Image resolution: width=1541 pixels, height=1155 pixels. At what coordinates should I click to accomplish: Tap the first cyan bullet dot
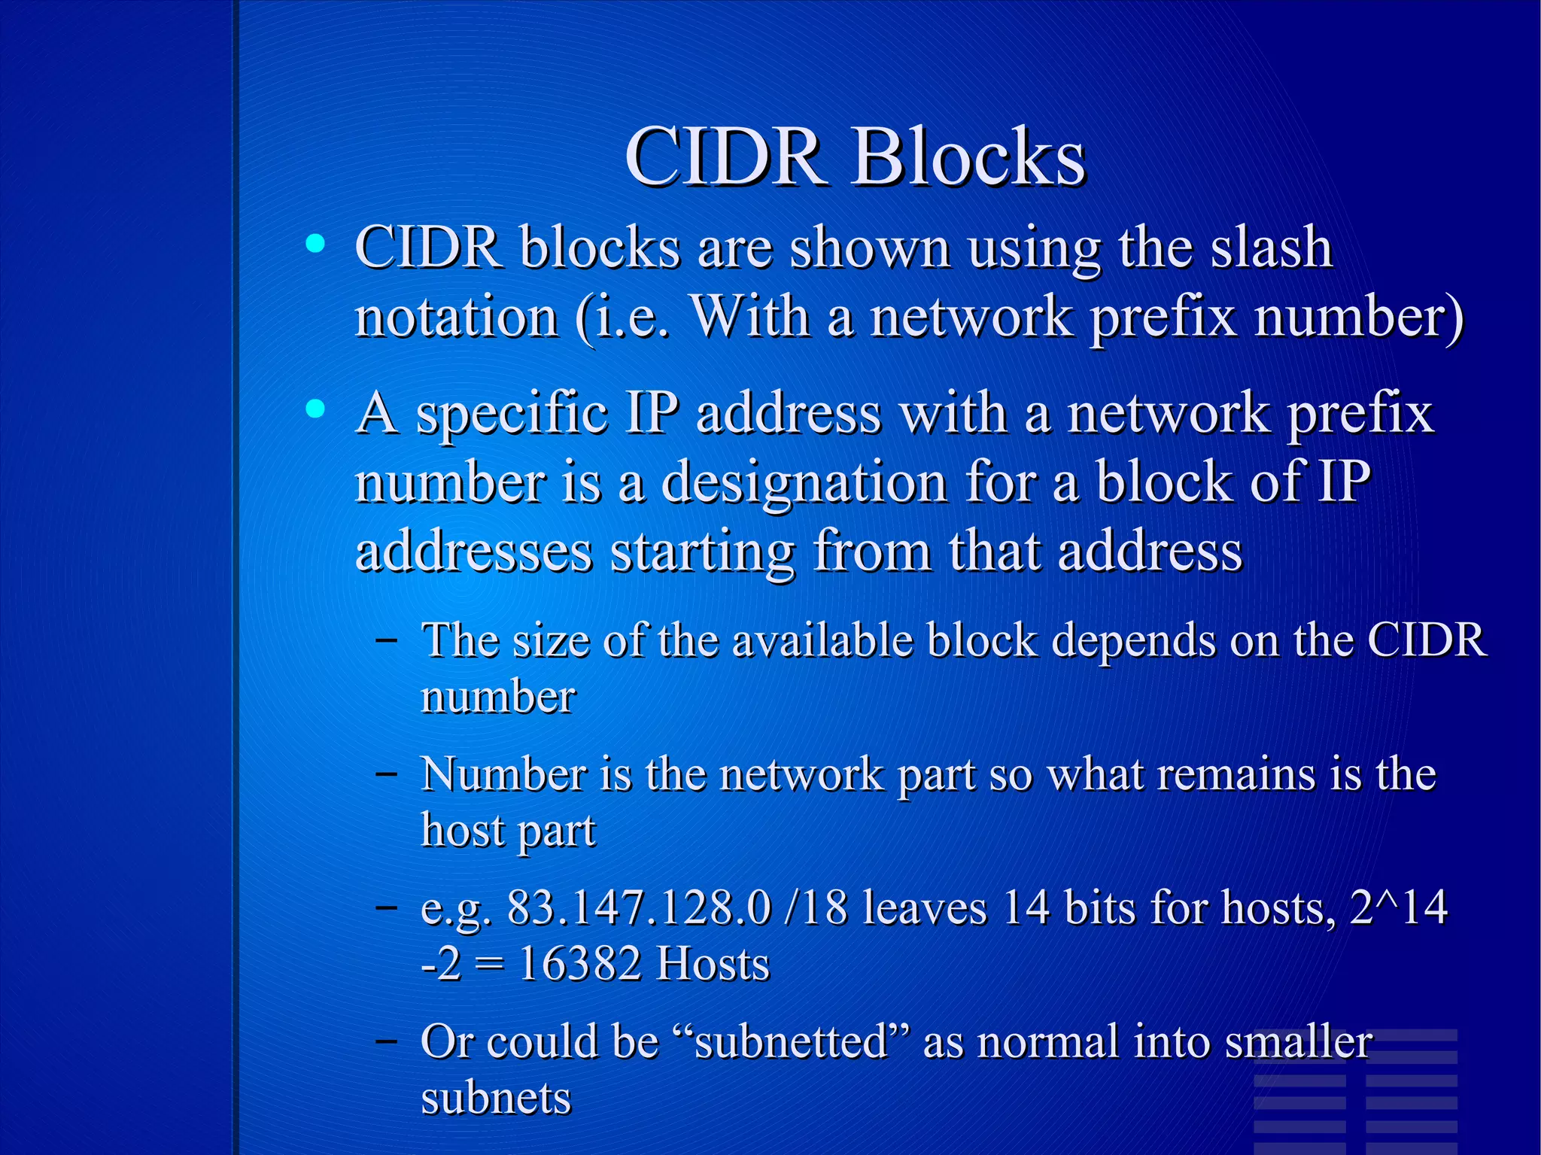coord(316,243)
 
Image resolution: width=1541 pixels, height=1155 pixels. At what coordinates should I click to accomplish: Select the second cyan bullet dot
coord(316,409)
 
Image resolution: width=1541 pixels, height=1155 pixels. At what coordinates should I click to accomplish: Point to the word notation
coord(457,317)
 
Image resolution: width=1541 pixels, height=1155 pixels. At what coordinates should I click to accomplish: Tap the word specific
coord(512,415)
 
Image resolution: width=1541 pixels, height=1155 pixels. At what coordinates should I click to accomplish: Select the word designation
coord(804,482)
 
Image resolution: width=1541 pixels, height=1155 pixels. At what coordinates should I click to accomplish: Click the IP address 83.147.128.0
coord(639,907)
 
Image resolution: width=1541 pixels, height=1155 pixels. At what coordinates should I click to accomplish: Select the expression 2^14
coord(1398,907)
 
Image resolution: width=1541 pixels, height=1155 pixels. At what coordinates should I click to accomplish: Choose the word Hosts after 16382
coord(713,964)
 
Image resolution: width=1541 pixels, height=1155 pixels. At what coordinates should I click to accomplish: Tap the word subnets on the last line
coord(496,1098)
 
